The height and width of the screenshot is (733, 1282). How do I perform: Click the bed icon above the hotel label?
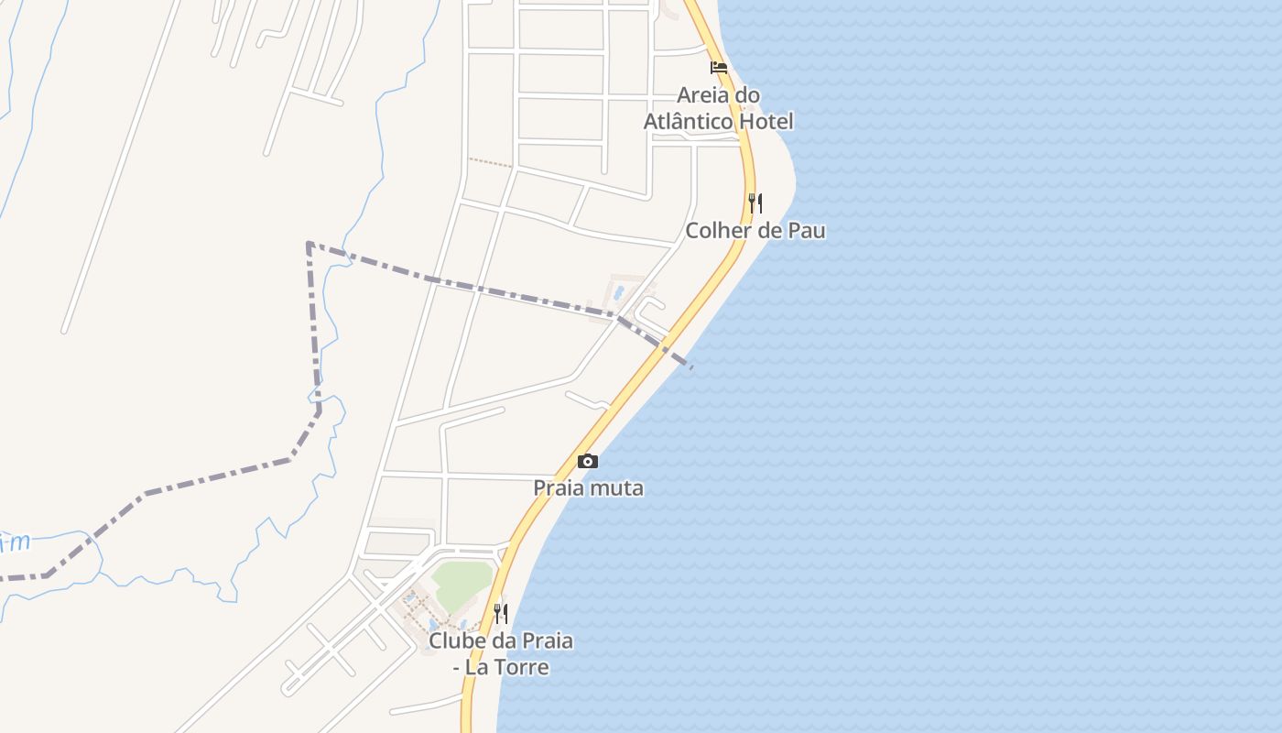719,67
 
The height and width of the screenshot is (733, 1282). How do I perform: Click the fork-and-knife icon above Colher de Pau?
755,202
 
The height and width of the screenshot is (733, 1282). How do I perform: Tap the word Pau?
806,231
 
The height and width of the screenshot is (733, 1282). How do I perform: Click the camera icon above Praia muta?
588,461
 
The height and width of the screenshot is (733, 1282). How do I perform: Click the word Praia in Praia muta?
560,488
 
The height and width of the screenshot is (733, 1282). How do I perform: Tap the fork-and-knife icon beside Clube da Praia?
501,613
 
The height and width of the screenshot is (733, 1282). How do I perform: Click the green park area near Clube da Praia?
462,584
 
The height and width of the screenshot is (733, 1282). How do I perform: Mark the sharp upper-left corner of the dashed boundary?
309,244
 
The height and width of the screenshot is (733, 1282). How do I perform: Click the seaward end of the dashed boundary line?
691,367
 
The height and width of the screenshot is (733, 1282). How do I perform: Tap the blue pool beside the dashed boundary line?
620,293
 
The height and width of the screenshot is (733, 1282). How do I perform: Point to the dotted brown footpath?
491,163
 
